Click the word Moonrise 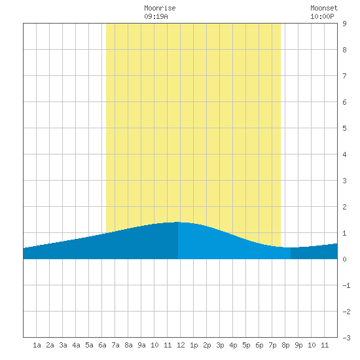coord(160,8)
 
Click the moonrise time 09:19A coord(156,16)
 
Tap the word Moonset coord(324,8)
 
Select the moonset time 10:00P coord(322,16)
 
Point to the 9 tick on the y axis coord(344,24)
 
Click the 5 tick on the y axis coord(344,128)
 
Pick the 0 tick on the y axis coord(344,259)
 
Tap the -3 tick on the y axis coord(346,338)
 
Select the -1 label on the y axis coord(346,285)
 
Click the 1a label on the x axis coord(37,345)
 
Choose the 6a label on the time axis coord(102,345)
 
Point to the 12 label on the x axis coord(181,345)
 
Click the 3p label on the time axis coord(220,345)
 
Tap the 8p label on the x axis coord(285,345)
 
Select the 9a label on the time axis coord(141,345)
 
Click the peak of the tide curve coord(177,222)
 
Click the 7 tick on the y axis coord(344,76)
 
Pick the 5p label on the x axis coord(246,345)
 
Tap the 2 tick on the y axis coord(344,207)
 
